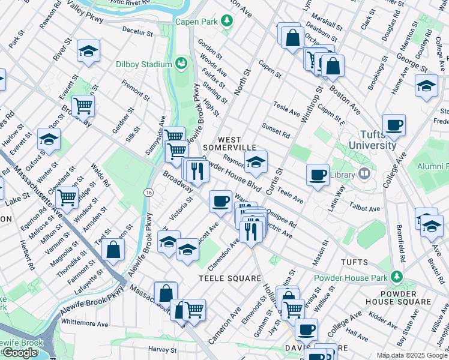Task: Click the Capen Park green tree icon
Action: [227, 22]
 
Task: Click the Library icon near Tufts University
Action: [364, 174]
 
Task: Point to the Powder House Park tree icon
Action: [396, 276]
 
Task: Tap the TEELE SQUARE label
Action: [231, 278]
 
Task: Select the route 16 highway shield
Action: [148, 192]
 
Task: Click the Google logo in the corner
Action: [20, 353]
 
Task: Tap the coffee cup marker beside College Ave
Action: [394, 125]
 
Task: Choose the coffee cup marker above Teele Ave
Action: [318, 175]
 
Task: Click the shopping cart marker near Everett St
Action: [83, 106]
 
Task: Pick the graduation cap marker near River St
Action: [88, 52]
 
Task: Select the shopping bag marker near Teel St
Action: [113, 251]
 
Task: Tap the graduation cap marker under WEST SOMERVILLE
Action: [256, 161]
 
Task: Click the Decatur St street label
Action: [135, 29]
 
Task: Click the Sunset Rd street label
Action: [276, 130]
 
